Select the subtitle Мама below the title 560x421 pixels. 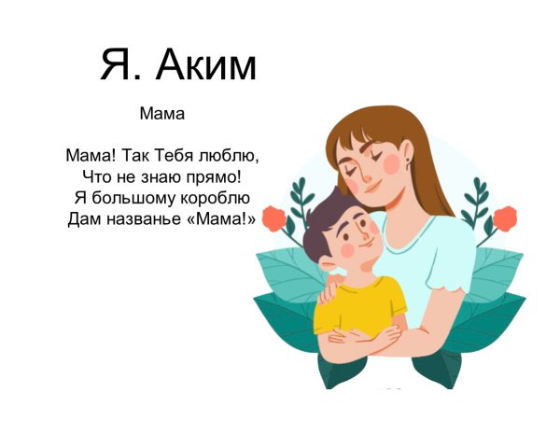tap(162, 115)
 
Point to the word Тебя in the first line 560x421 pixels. tap(173, 154)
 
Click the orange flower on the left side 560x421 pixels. tap(273, 219)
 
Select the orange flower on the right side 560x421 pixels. tap(504, 219)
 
